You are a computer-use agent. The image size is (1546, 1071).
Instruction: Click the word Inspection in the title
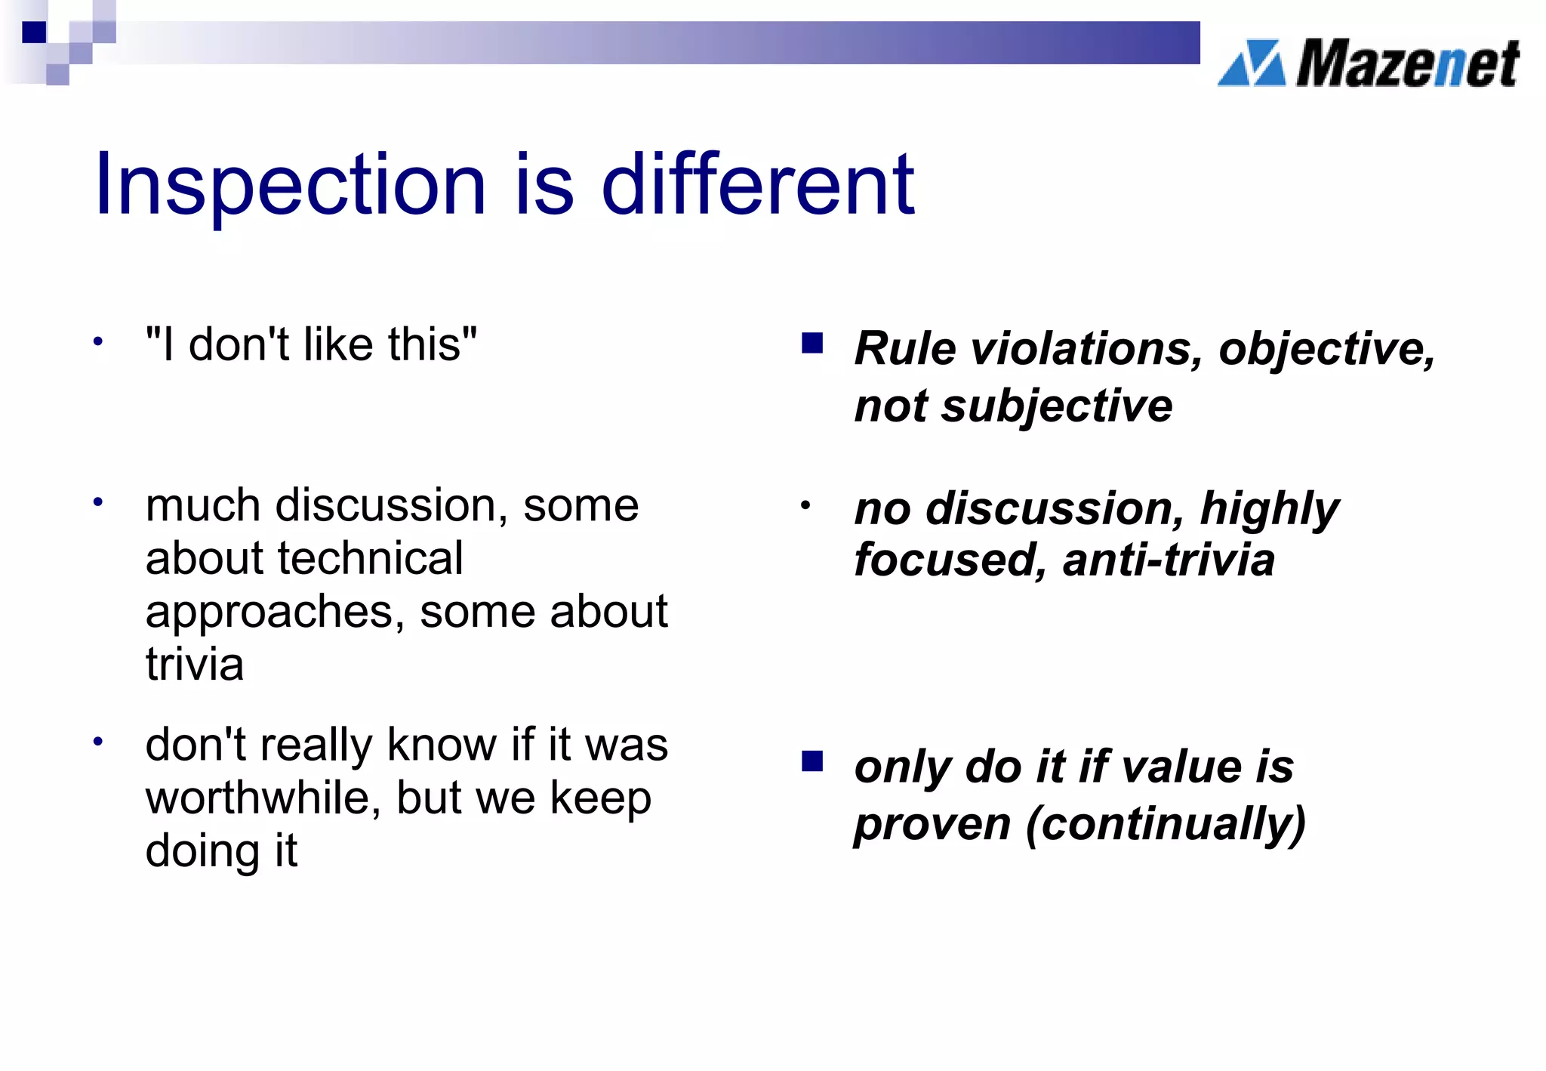tap(290, 185)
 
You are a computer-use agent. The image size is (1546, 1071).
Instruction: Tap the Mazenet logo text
tap(1407, 63)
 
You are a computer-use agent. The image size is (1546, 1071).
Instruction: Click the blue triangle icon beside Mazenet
tap(1252, 63)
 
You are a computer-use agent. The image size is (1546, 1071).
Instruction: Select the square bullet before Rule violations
tap(812, 344)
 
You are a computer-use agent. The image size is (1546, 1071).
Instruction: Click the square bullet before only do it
tap(812, 761)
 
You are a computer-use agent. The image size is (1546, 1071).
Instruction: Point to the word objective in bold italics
tap(1326, 350)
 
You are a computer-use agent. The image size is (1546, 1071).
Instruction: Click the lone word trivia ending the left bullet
tap(195, 665)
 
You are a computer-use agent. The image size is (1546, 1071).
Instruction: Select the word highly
tap(1270, 509)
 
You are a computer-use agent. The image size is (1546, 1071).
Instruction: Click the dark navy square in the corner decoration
tap(34, 32)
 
